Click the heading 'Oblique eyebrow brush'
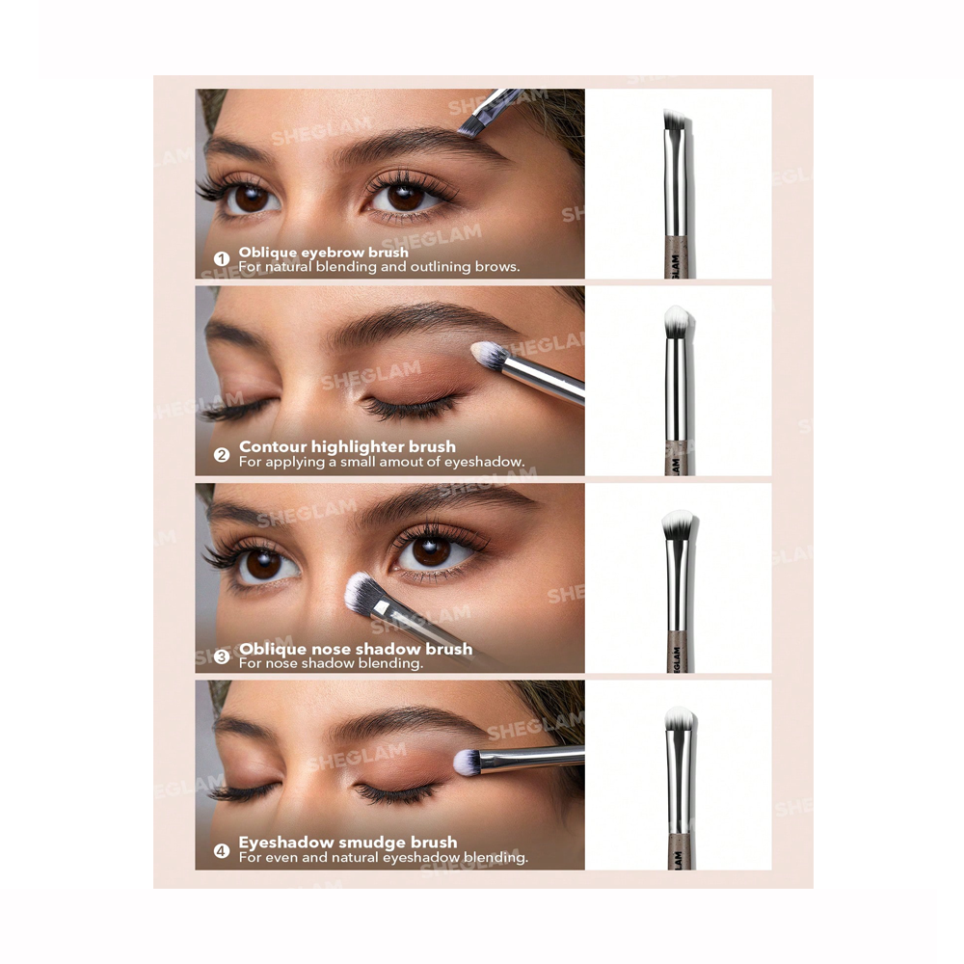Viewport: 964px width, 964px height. pos(324,253)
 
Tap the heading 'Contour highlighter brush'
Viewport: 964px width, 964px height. pos(347,446)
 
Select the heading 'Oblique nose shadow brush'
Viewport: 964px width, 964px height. pos(356,649)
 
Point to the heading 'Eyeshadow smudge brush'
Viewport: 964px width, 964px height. pos(348,843)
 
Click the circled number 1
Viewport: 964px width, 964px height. pos(222,259)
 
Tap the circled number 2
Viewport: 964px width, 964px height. pos(222,454)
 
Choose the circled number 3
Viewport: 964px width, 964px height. pos(222,656)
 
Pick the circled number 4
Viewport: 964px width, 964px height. pos(222,850)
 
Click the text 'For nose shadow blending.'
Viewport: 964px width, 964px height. pos(331,663)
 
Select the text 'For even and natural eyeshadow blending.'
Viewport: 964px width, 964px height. pos(383,857)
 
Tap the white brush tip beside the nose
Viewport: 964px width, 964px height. pos(361,591)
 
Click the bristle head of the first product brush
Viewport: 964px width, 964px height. pos(675,120)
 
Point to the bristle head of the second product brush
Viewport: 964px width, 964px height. pos(678,319)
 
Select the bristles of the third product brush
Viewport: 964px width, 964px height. pos(679,523)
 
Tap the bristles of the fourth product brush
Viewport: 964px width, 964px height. pos(680,719)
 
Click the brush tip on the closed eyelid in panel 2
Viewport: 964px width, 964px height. pos(490,356)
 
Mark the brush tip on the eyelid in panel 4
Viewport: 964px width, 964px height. pos(469,763)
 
